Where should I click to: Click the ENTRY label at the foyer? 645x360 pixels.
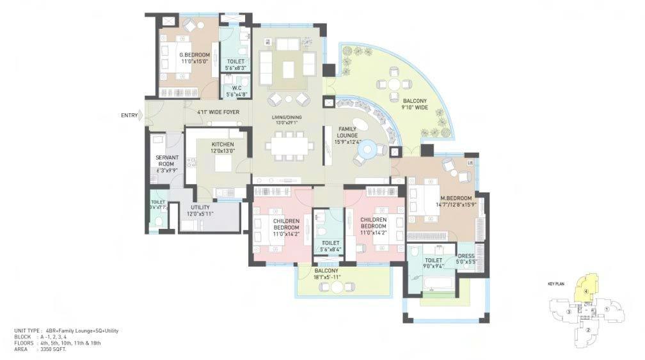129,115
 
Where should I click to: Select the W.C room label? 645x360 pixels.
236,88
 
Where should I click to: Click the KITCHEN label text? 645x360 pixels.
223,145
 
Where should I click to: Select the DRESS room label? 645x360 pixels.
466,256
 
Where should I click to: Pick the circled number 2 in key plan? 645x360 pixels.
587,330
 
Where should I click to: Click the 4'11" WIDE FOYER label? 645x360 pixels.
218,112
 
